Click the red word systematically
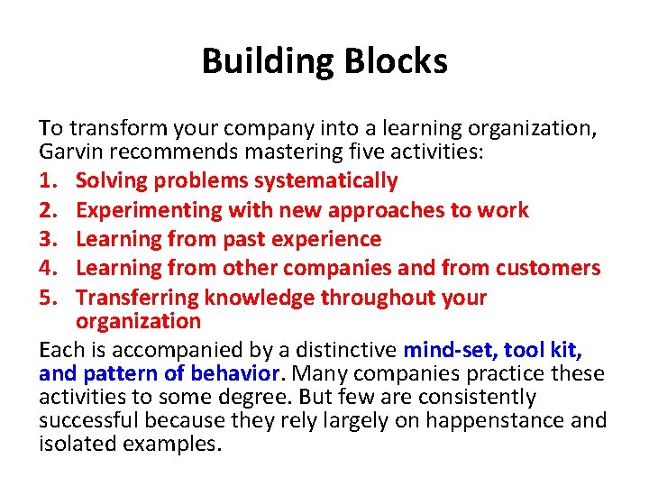[325, 181]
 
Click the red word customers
[545, 269]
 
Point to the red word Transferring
[137, 298]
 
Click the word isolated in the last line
[71, 444]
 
